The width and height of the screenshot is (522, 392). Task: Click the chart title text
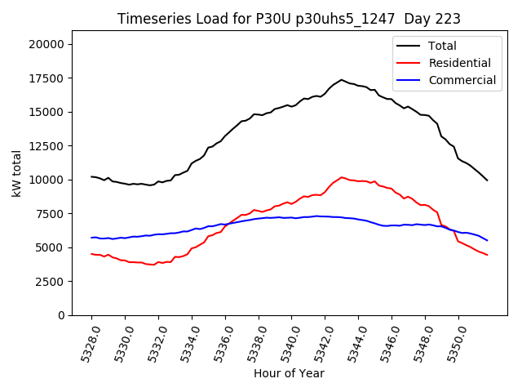point(289,19)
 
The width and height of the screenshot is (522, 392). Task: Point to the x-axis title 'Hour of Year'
point(289,373)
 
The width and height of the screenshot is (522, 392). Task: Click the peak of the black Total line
point(342,80)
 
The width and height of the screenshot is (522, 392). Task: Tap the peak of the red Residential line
point(342,177)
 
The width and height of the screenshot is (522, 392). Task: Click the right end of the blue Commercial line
point(487,240)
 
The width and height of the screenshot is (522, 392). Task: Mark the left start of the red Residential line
point(91,254)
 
